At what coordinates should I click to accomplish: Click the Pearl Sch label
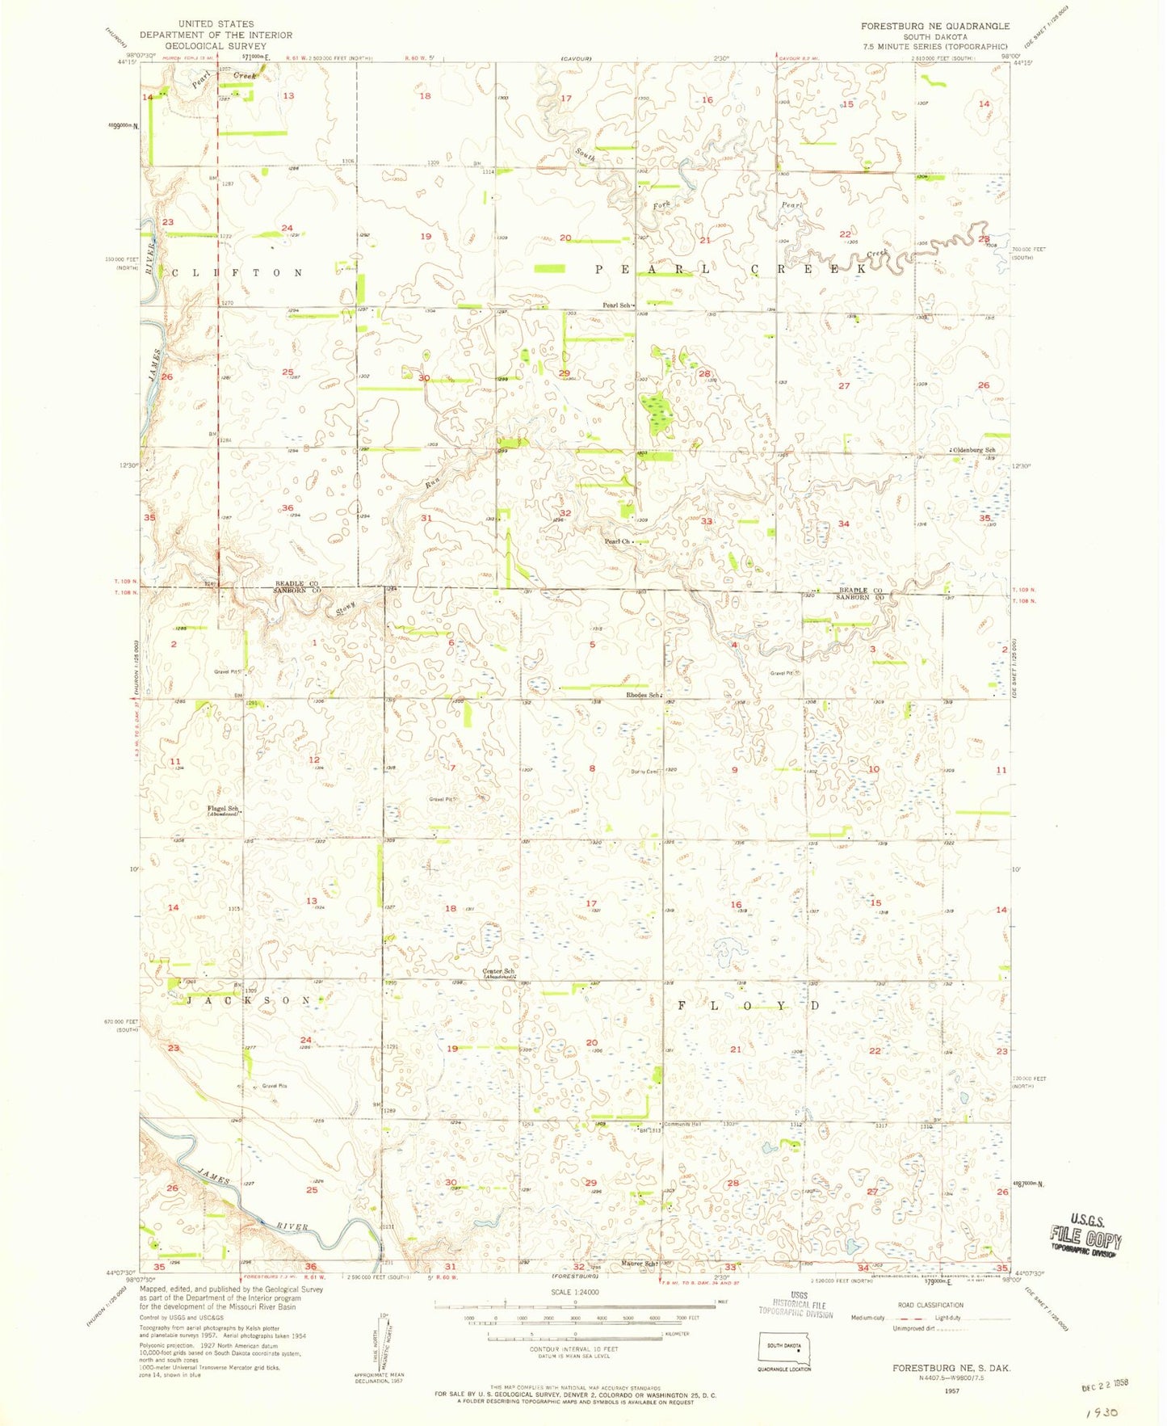tap(617, 305)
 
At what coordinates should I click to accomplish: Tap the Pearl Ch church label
tap(617, 541)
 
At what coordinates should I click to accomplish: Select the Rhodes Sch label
tap(644, 695)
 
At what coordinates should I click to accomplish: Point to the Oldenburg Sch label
tap(974, 450)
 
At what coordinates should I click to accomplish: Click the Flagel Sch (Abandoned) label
tap(223, 811)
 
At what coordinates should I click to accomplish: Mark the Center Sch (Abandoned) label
tap(498, 974)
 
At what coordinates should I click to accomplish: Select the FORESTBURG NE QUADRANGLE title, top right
tap(934, 26)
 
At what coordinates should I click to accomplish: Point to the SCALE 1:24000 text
tap(574, 1292)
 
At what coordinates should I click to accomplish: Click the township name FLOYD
tap(747, 1006)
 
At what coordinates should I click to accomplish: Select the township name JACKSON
tap(249, 1000)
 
